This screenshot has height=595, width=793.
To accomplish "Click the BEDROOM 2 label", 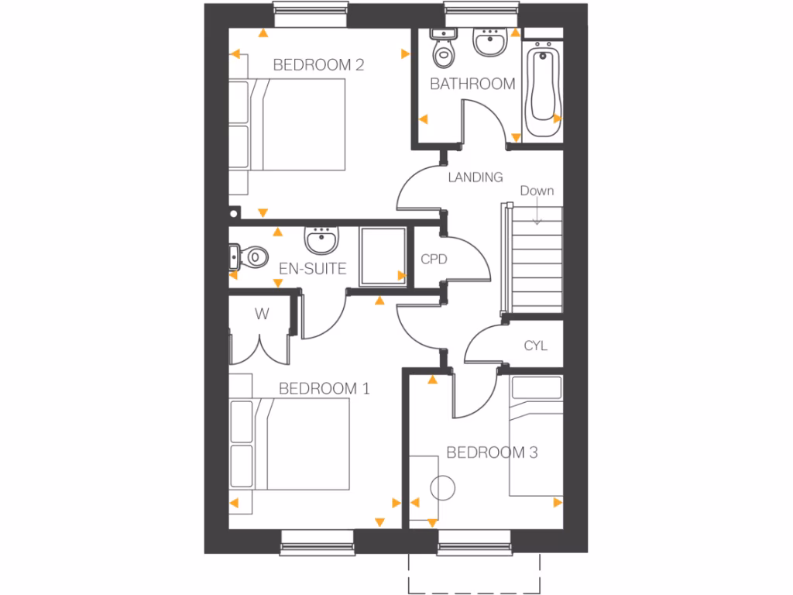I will (x=318, y=65).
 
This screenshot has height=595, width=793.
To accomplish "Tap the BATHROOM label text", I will (x=472, y=84).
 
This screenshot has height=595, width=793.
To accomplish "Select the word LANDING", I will (x=475, y=177).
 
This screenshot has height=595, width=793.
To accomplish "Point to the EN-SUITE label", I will (x=312, y=269).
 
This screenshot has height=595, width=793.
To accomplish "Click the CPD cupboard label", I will (x=434, y=260).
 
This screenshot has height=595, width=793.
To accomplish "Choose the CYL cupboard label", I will (x=535, y=346).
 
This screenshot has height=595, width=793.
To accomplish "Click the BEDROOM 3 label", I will (x=492, y=452).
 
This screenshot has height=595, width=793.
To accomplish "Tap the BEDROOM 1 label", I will (x=324, y=388).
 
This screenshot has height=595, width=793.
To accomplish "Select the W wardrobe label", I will (x=261, y=315).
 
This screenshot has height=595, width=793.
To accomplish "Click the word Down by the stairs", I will (x=537, y=191).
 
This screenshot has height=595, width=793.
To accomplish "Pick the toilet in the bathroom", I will (x=444, y=48).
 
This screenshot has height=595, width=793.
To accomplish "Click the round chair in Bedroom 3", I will (x=443, y=488).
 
